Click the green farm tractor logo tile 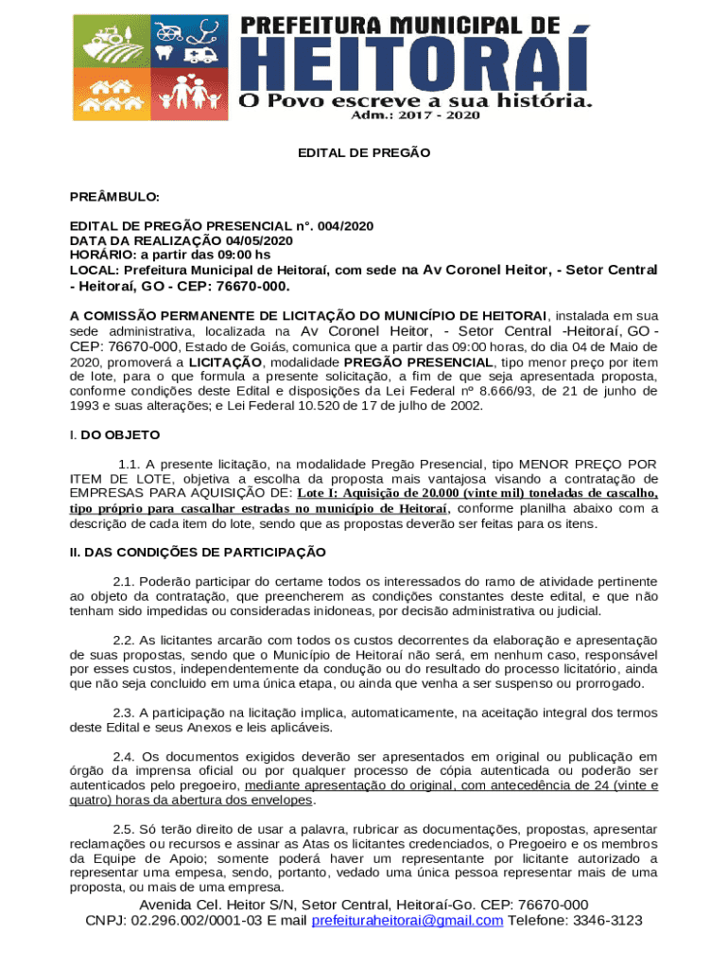(106, 41)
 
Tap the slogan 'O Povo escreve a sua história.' (416, 98)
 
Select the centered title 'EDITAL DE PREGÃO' (364, 152)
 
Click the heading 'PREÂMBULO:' (114, 197)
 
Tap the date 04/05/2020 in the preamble (244, 240)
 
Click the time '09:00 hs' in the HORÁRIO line (246, 255)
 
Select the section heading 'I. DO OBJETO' (114, 435)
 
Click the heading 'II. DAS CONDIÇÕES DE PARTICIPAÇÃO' (198, 552)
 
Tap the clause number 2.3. (123, 713)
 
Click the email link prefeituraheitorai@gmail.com (407, 921)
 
